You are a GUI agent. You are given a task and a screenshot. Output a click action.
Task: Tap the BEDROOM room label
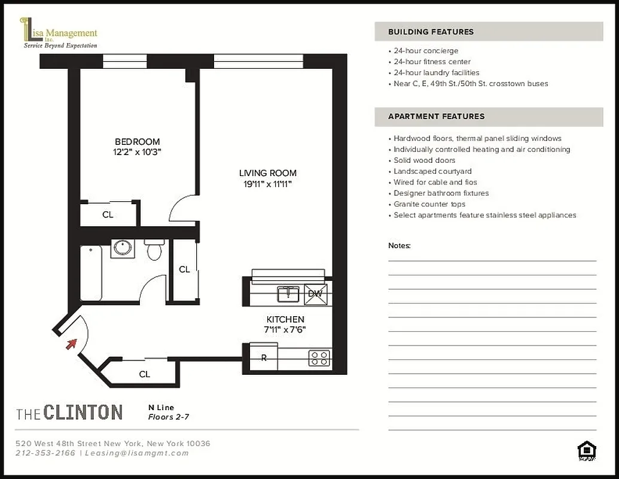(x=138, y=142)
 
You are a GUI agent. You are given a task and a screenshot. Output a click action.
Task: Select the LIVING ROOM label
(x=267, y=174)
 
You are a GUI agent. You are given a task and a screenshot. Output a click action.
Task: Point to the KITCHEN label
(x=285, y=320)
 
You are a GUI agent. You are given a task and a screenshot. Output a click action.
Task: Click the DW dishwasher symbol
(x=315, y=293)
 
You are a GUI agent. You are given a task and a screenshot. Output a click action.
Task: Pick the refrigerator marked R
(x=264, y=358)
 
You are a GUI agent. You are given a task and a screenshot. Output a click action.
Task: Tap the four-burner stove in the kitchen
(x=318, y=358)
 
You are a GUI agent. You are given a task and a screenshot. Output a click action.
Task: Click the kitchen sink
(x=289, y=293)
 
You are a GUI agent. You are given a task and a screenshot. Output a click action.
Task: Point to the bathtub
(x=92, y=272)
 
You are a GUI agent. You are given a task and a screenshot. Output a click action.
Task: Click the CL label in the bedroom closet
(x=108, y=214)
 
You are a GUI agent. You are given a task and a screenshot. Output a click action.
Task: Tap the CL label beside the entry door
(x=144, y=374)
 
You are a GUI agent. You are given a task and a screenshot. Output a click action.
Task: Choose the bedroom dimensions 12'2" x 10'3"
(x=138, y=152)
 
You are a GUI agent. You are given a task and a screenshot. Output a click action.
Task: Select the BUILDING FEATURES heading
(x=431, y=32)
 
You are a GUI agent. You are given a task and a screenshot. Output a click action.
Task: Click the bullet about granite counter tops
(x=429, y=204)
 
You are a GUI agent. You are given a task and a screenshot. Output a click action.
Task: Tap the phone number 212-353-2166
(x=45, y=453)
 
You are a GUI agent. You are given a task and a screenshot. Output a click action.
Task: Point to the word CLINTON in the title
(x=83, y=412)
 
